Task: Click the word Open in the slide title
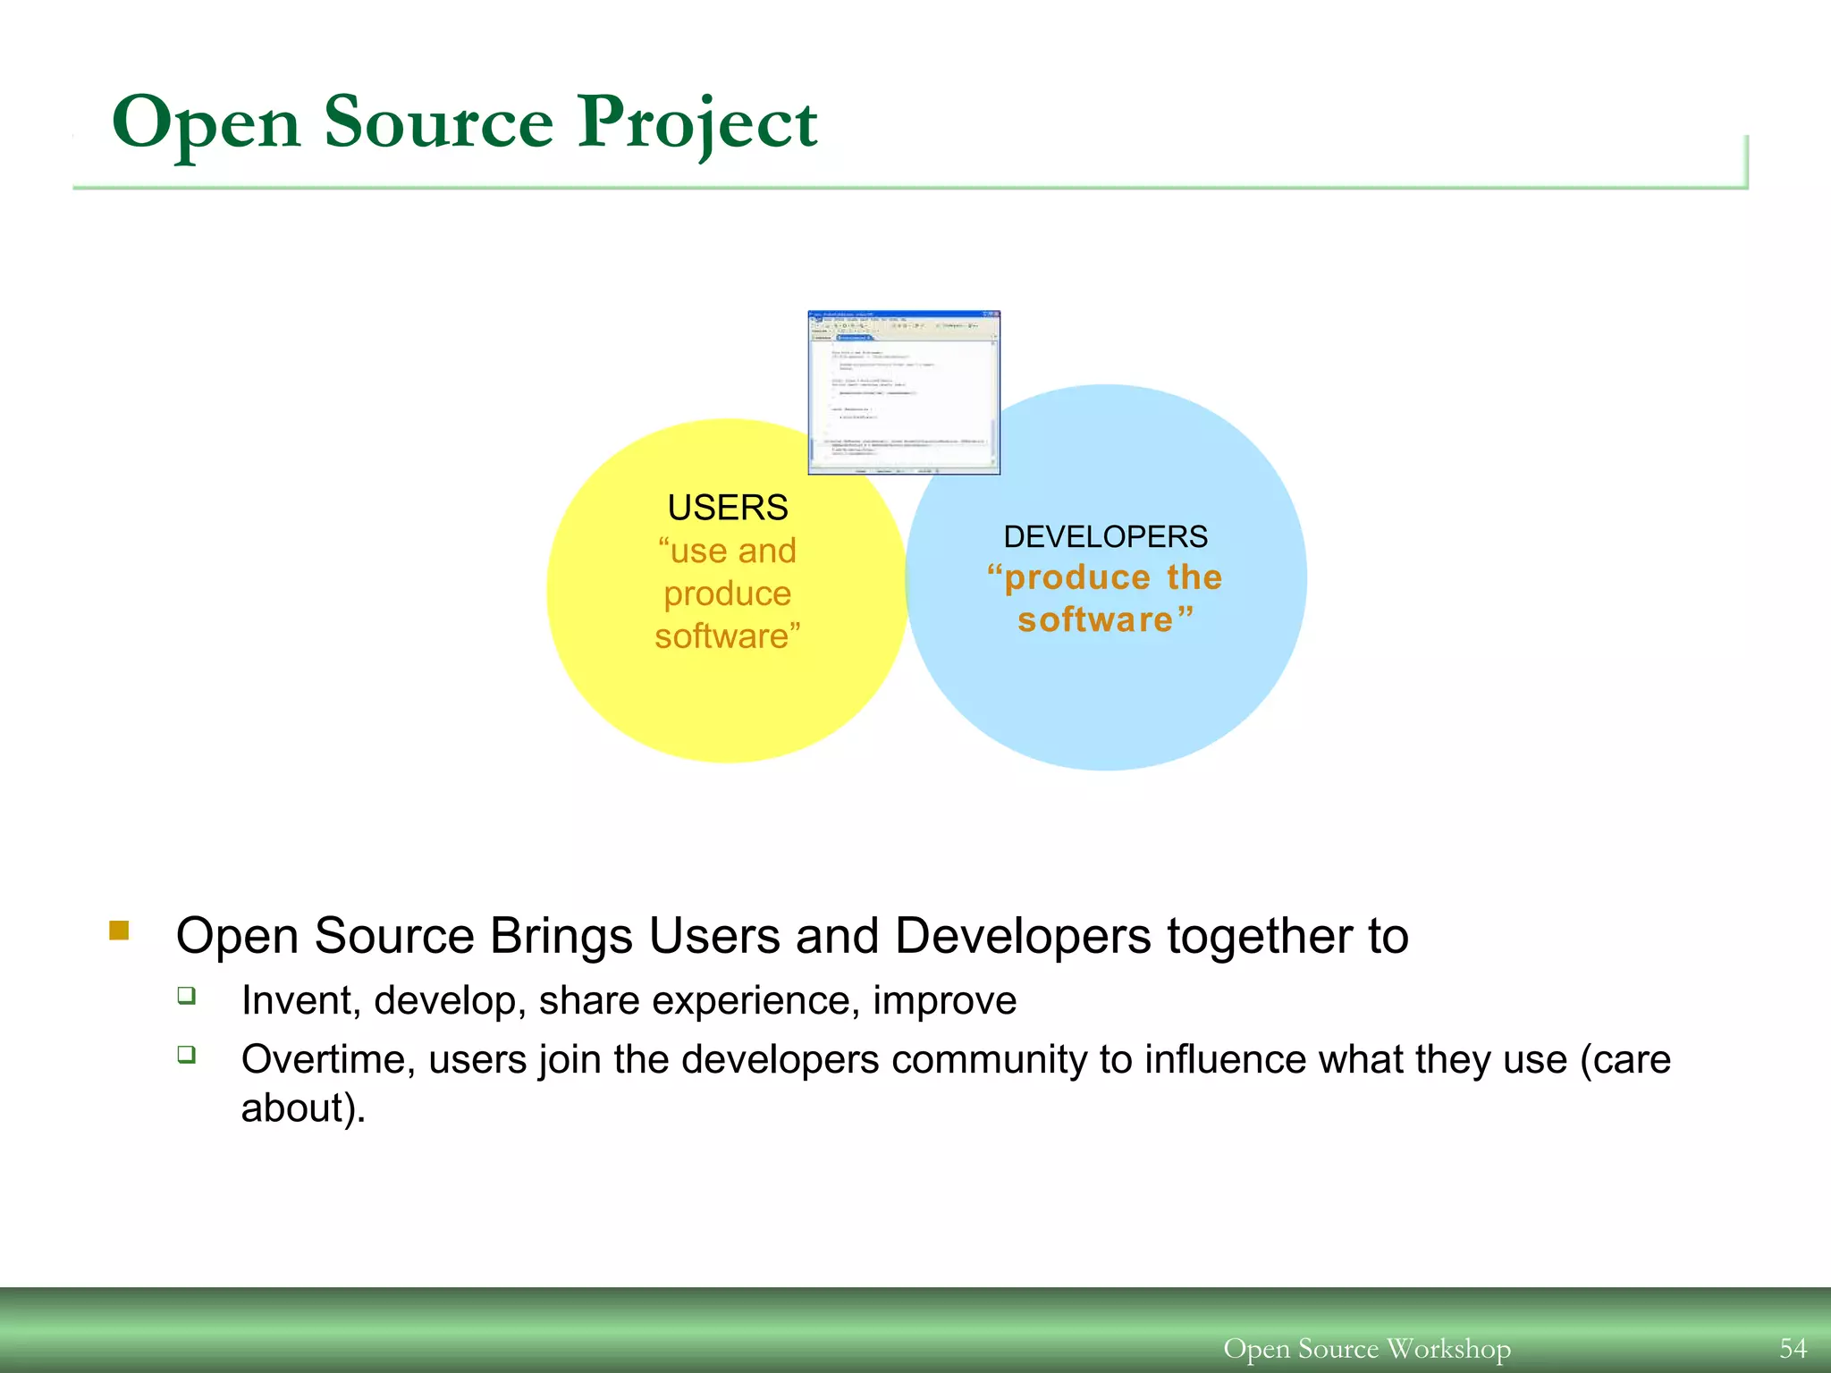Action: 206,123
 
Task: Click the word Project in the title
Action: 696,123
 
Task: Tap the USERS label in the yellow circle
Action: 727,508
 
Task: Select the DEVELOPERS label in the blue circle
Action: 1105,536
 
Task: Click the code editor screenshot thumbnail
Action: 904,392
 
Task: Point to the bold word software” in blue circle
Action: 1105,619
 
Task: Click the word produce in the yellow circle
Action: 727,594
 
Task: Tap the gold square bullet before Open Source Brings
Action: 119,931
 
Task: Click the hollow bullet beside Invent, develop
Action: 186,995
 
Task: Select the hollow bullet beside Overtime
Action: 186,1054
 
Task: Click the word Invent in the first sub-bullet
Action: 295,1000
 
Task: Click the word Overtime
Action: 328,1059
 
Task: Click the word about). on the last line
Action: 303,1108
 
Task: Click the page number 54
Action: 1793,1348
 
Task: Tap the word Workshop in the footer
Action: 1448,1348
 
